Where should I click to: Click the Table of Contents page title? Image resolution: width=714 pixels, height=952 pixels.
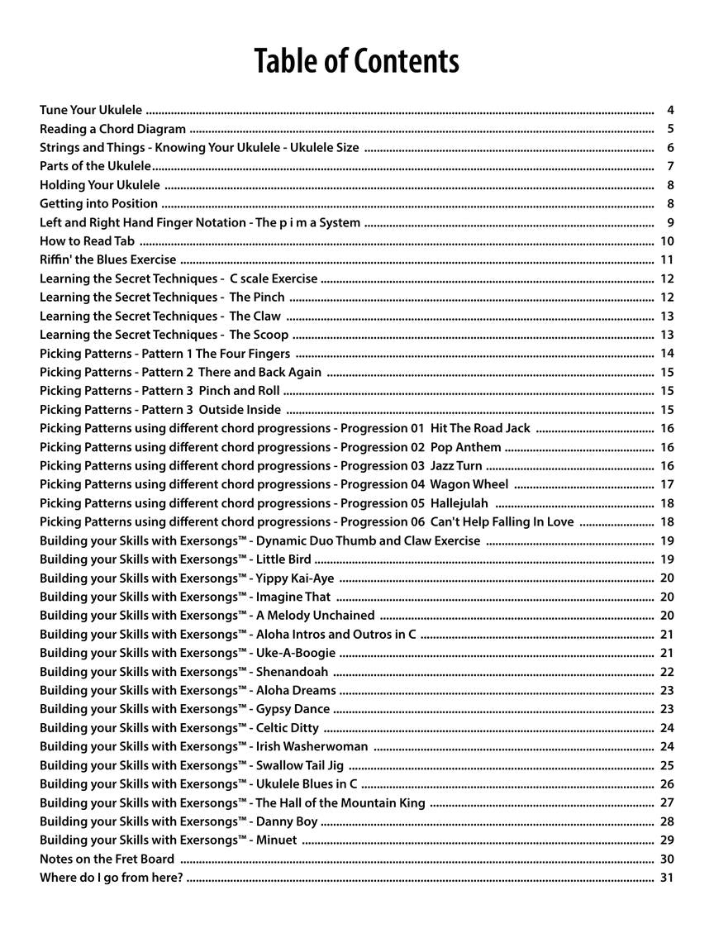(356, 61)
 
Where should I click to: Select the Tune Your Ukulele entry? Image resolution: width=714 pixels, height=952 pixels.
(91, 110)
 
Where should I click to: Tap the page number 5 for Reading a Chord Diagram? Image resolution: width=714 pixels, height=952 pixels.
(670, 129)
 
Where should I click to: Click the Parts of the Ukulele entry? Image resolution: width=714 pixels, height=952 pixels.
(95, 166)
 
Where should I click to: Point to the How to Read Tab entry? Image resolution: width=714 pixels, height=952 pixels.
(87, 241)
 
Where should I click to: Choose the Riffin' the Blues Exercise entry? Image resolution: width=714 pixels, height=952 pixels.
(107, 259)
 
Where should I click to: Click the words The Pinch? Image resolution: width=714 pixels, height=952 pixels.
(257, 297)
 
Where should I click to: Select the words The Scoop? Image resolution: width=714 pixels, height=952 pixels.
(259, 335)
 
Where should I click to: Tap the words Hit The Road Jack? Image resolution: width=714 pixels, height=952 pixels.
(480, 428)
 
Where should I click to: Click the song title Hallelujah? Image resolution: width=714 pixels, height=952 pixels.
(459, 503)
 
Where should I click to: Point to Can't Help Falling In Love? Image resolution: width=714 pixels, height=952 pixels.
(502, 521)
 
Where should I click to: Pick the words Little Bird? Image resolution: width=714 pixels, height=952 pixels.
(283, 559)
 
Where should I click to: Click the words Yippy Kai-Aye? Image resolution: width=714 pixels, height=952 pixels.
(295, 578)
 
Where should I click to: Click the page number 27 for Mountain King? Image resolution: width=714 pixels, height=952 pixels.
(667, 802)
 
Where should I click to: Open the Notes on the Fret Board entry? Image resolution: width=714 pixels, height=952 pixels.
(107, 859)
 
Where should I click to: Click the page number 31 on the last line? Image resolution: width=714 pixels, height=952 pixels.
(667, 878)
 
